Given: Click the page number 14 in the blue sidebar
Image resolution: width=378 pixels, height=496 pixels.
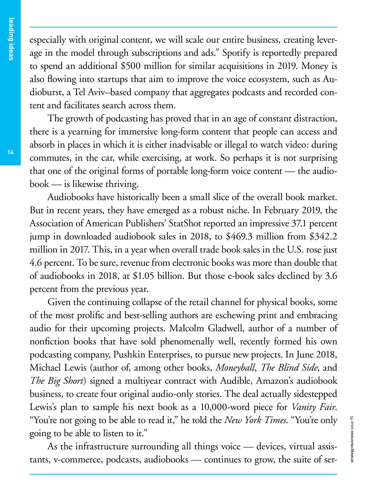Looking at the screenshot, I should coord(10,152).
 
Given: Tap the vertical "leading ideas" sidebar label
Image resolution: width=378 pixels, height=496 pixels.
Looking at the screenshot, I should coord(11,39).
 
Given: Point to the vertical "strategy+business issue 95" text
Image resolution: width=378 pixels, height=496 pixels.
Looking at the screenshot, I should coord(352,439).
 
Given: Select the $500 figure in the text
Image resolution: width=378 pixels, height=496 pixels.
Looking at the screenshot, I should coord(133,66).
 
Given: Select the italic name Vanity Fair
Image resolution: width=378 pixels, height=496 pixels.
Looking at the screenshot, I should coord(314,407).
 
